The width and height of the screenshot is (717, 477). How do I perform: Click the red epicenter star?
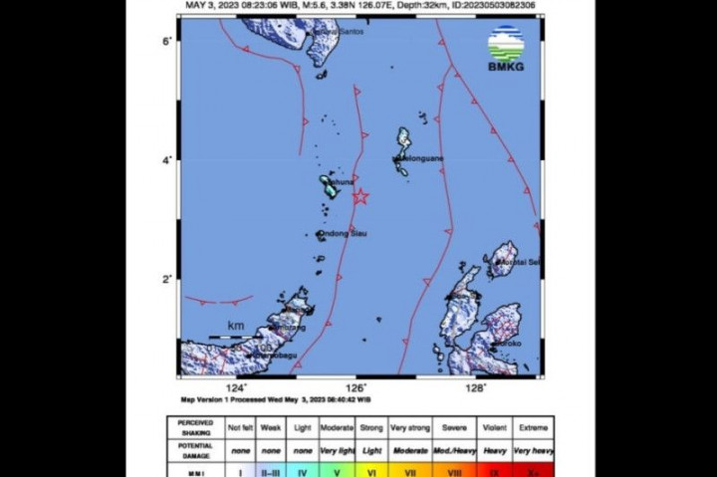pyautogui.click(x=359, y=197)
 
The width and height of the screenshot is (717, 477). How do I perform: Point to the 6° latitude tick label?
pyautogui.click(x=169, y=40)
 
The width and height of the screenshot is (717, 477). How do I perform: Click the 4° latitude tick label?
pyautogui.click(x=169, y=159)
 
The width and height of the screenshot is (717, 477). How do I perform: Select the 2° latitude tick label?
pyautogui.click(x=169, y=279)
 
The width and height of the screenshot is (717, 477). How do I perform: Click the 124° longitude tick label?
pyautogui.click(x=237, y=388)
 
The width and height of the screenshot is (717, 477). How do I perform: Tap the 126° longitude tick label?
pyautogui.click(x=356, y=388)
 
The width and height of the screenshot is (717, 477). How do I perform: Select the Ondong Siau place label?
pyautogui.click(x=343, y=234)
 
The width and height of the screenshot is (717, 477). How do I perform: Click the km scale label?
pyautogui.click(x=236, y=326)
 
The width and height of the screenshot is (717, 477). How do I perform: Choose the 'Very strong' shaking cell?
pyautogui.click(x=410, y=427)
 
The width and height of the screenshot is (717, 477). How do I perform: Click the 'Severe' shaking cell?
pyautogui.click(x=455, y=427)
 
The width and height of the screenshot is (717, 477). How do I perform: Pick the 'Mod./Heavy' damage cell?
pyautogui.click(x=455, y=450)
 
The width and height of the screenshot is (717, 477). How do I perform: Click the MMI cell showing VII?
pyautogui.click(x=410, y=470)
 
